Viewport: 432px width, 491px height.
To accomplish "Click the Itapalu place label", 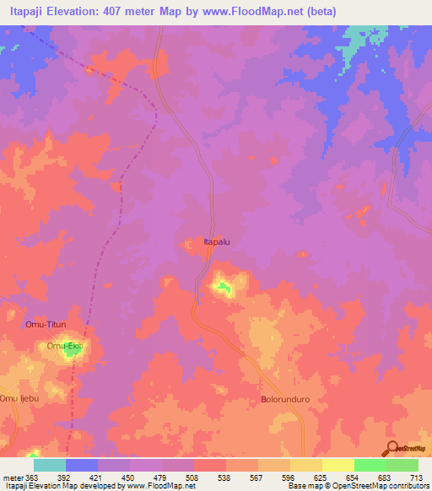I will (x=219, y=242).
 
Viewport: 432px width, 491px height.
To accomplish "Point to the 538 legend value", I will (x=225, y=477).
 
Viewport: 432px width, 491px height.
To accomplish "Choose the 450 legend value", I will (x=129, y=477).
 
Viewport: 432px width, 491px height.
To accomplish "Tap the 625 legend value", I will (x=321, y=477).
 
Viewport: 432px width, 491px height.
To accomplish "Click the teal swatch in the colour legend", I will (x=50, y=465).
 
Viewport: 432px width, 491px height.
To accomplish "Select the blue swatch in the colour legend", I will (x=82, y=465).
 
